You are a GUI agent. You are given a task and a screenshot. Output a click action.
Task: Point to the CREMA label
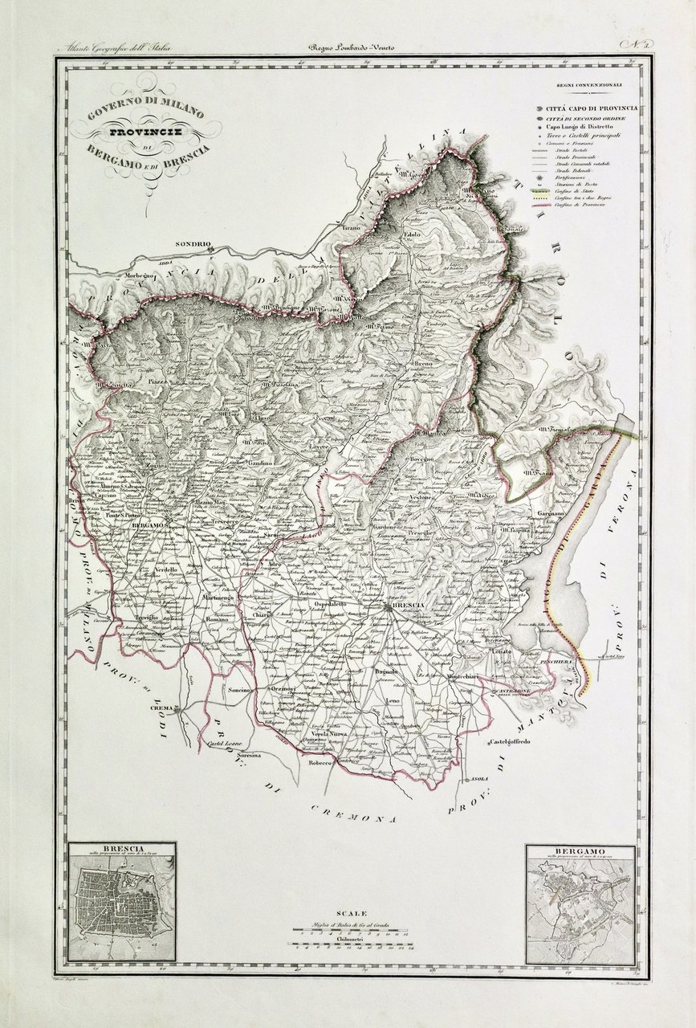point(163,708)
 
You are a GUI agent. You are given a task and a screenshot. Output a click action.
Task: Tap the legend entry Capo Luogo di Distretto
point(580,127)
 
